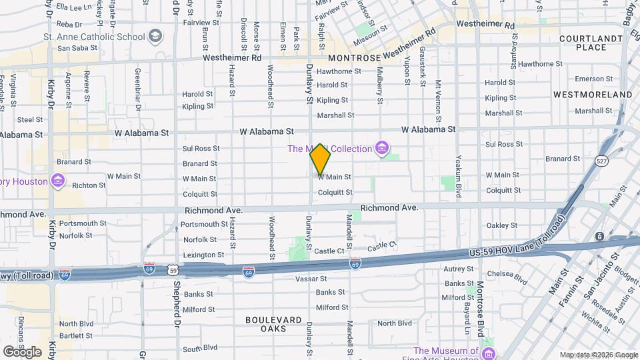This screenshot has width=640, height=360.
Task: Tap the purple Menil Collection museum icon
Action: [382, 147]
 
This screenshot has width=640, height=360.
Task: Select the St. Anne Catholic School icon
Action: [155, 35]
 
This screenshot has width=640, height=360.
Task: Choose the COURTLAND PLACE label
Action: [583, 43]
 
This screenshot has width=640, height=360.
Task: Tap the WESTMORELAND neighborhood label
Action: [592, 95]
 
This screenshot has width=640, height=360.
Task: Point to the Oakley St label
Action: [503, 225]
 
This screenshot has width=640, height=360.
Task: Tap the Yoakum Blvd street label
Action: [458, 177]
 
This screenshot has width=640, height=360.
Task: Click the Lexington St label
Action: [203, 255]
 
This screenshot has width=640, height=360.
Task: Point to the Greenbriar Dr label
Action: [137, 88]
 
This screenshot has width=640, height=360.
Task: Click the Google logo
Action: [21, 351]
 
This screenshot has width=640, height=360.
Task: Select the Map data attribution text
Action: [598, 355]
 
